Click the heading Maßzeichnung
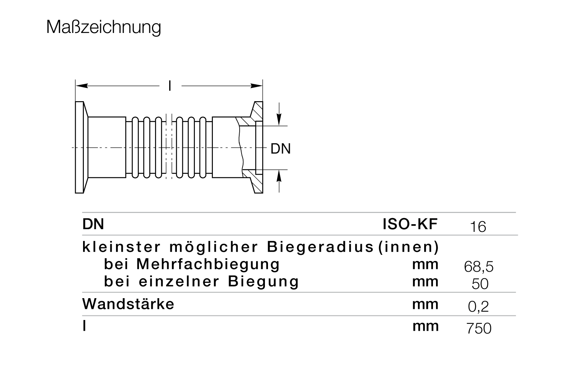(104, 27)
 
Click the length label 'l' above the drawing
(170, 86)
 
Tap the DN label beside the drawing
(281, 149)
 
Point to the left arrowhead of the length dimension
(82, 86)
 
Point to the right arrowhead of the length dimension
(256, 86)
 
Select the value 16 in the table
(478, 227)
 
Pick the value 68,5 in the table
(479, 266)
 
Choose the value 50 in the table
(480, 284)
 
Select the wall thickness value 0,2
(478, 307)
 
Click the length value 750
(479, 328)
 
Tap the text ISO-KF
(410, 224)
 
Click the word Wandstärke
(128, 304)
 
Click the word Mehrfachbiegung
(208, 265)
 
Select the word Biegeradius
(320, 247)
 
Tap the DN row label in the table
(93, 224)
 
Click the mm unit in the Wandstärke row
(425, 305)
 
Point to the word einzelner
(179, 281)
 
